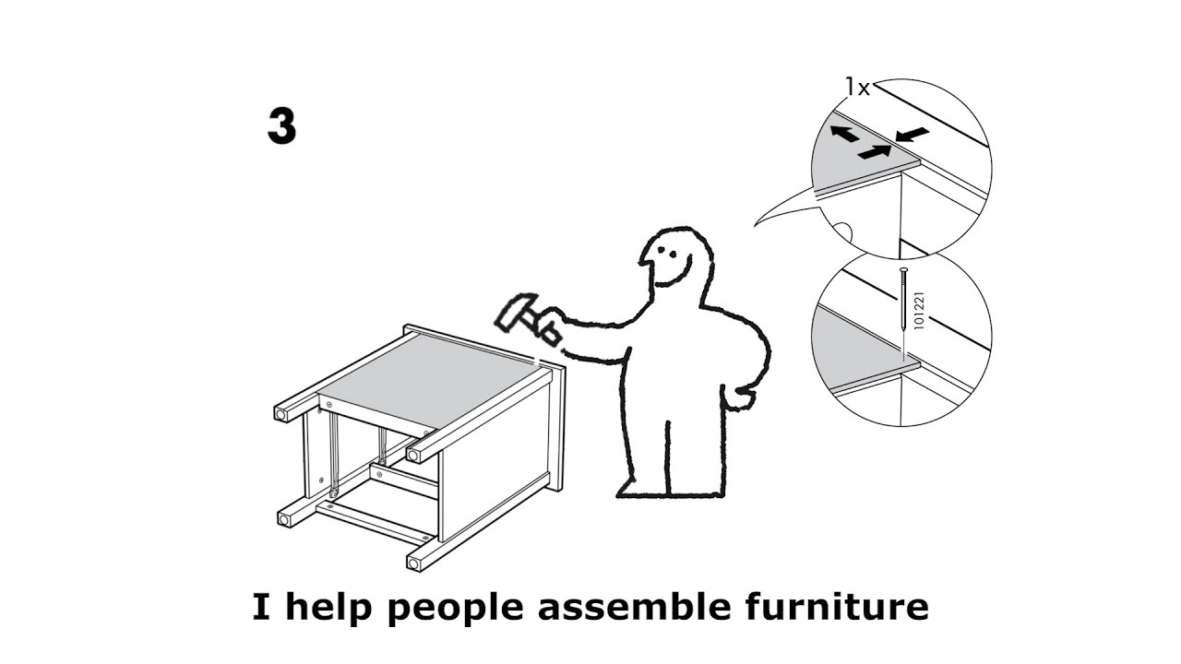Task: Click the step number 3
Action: (x=281, y=127)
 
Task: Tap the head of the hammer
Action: (x=510, y=313)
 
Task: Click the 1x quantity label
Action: (x=857, y=88)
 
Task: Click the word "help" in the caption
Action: (x=333, y=608)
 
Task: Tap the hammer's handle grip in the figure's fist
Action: (x=548, y=328)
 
